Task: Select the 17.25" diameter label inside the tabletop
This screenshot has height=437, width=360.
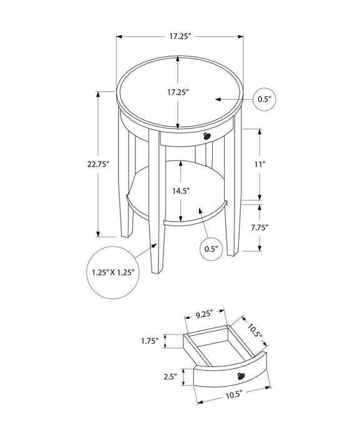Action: pos(178,92)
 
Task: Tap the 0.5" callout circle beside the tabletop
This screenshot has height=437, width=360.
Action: pos(265,99)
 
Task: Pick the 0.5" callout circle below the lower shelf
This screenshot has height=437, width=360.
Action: pos(211,248)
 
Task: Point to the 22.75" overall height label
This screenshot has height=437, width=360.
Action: pos(99,165)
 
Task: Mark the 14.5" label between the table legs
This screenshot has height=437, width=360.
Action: pos(181,190)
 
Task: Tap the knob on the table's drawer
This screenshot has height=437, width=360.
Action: pos(208,136)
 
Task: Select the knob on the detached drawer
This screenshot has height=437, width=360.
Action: pos(241,374)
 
